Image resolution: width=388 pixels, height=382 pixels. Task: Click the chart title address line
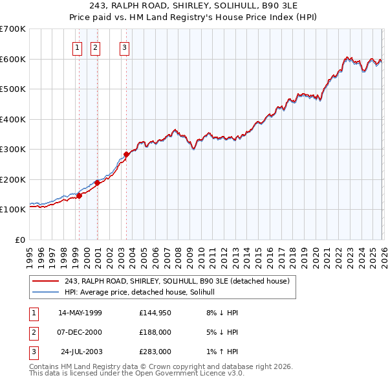pyautogui.click(x=194, y=6)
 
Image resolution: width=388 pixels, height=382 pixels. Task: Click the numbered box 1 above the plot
pyautogui.click(x=78, y=47)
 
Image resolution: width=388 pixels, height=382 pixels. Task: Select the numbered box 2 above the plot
pyautogui.click(x=95, y=47)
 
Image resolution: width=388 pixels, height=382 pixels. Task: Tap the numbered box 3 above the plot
pyautogui.click(x=124, y=47)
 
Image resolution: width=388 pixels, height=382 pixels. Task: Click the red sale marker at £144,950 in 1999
pyautogui.click(x=79, y=196)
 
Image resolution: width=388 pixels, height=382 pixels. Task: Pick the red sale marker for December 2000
pyautogui.click(x=97, y=183)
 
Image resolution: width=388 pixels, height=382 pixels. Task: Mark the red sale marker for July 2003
pyautogui.click(x=126, y=154)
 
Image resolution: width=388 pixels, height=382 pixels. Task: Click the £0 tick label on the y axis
pyautogui.click(x=20, y=240)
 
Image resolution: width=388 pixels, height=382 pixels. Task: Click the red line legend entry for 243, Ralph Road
pyautogui.click(x=180, y=281)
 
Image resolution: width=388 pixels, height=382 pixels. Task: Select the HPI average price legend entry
pyautogui.click(x=144, y=292)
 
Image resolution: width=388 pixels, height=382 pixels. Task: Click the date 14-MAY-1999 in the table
pyautogui.click(x=80, y=313)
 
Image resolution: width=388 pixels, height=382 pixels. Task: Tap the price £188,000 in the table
pyautogui.click(x=155, y=332)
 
